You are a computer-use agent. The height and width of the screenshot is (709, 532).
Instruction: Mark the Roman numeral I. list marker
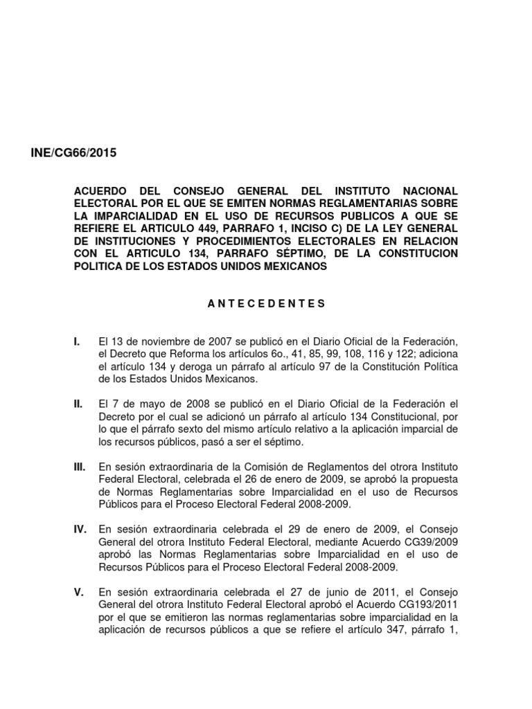(76, 341)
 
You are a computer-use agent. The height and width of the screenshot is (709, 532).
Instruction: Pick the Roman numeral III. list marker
(79, 467)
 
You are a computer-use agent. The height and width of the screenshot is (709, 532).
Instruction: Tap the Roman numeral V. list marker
(78, 592)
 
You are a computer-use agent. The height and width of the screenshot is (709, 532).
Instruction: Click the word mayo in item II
(141, 404)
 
